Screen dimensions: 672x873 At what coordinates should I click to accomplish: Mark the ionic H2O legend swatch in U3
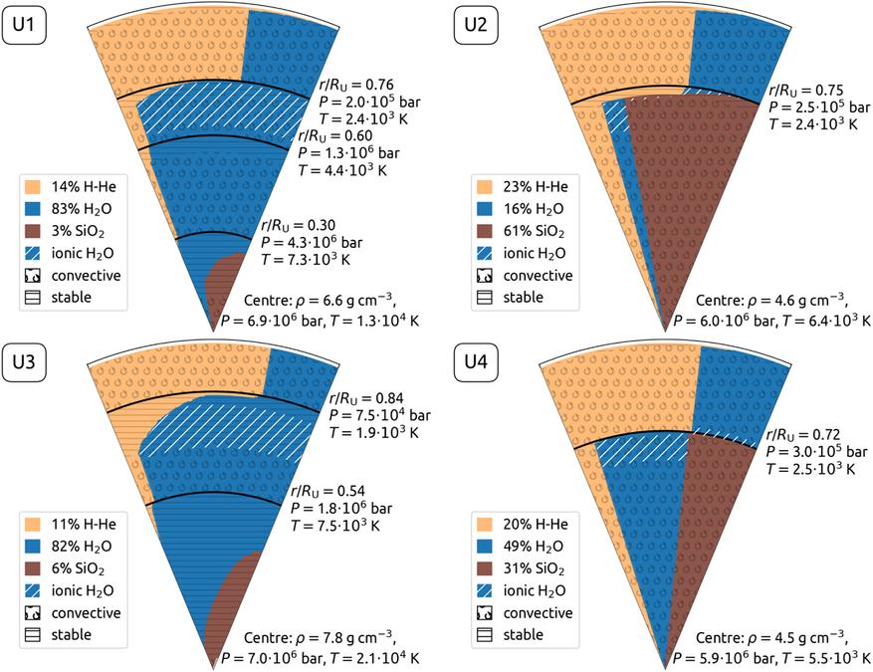pyautogui.click(x=35, y=590)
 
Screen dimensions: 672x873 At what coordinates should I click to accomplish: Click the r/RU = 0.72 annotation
pyautogui.click(x=800, y=435)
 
